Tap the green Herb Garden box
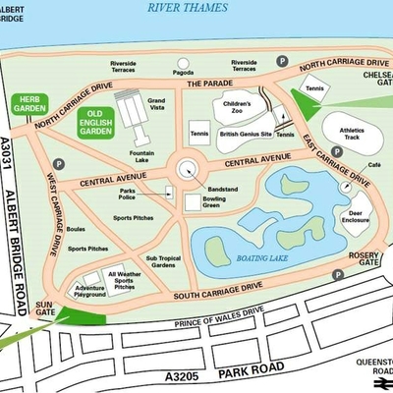[x=29, y=104]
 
